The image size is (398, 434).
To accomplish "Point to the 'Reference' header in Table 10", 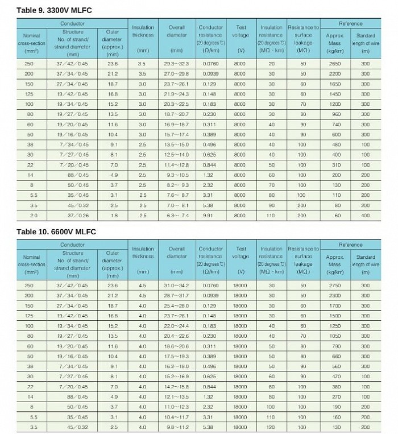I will pyautogui.click(x=350, y=245).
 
